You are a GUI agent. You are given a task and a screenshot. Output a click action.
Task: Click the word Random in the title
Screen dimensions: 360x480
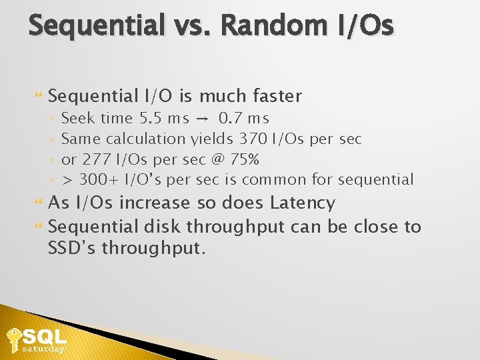click(270, 26)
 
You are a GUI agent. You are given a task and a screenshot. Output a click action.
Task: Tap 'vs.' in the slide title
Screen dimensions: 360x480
click(193, 26)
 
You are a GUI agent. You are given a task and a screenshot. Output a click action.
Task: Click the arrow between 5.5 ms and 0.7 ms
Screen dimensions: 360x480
click(202, 119)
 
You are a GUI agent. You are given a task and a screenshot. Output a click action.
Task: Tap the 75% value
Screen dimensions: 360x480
click(244, 159)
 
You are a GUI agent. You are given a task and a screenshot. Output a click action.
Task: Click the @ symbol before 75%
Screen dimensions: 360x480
click(217, 159)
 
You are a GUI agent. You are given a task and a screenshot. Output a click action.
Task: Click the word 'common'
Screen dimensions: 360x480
click(270, 179)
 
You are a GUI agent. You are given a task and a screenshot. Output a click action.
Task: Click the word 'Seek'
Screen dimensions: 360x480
click(78, 119)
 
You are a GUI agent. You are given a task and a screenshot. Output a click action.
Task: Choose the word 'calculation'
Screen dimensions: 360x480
click(146, 139)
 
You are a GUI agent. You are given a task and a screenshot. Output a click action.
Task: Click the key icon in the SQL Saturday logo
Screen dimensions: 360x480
click(13, 339)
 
